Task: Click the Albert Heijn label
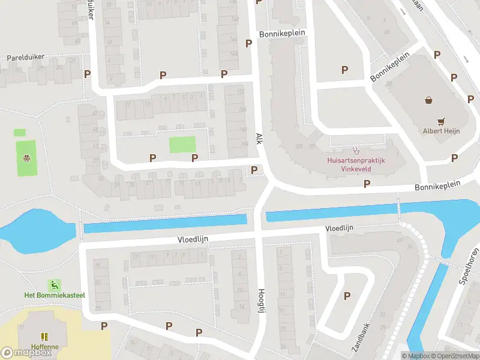point(441,131)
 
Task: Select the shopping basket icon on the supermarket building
point(429,100)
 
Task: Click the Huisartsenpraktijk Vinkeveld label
point(356,165)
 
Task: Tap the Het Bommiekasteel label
point(55,295)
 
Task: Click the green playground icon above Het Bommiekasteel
point(55,284)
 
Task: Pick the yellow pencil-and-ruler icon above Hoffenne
point(43,337)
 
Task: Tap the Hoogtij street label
point(261,298)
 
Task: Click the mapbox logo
point(26,352)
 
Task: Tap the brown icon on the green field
point(26,158)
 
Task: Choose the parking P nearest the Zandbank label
point(347,295)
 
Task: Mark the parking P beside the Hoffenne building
point(104,326)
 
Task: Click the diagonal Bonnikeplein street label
point(389,67)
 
